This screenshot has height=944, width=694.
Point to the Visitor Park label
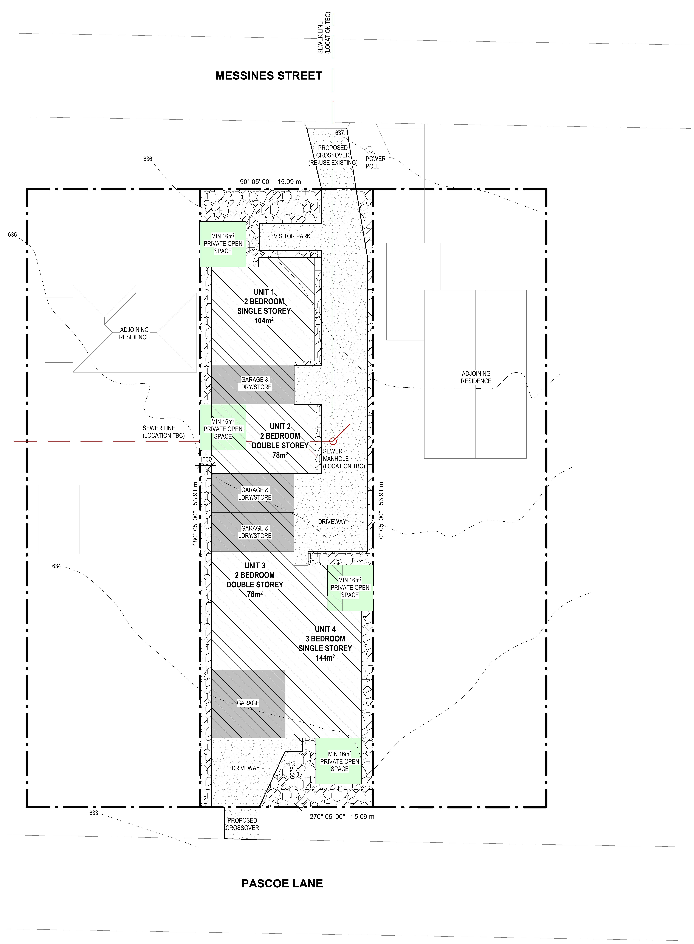coord(292,236)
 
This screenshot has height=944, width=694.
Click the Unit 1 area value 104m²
coord(264,320)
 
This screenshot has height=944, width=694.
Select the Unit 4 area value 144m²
coord(325,658)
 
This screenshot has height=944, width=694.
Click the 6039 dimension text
coord(292,772)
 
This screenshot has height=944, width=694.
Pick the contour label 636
coord(147,159)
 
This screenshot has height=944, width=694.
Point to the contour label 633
coord(94,825)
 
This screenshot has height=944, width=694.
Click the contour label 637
coord(339,133)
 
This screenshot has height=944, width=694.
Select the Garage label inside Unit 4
coord(248,703)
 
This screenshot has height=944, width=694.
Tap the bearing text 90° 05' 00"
coord(256,182)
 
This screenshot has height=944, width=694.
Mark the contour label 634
coord(56,566)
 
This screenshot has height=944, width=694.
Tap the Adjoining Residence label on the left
coord(134,333)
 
